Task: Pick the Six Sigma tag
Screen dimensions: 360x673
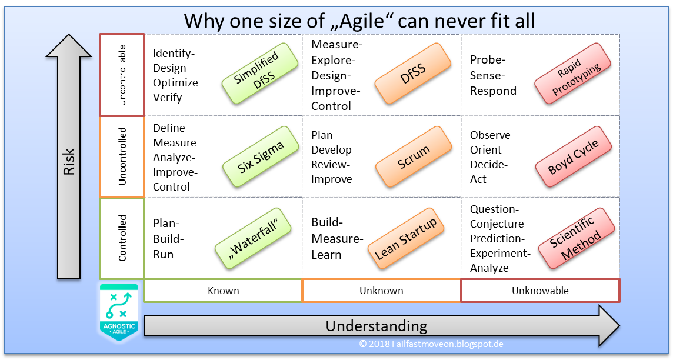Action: (259, 157)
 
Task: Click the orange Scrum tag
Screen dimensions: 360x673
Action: (413, 157)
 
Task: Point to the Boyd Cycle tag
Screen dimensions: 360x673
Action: (573, 157)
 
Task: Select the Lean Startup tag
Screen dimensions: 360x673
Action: (407, 238)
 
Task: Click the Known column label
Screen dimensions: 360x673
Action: (223, 291)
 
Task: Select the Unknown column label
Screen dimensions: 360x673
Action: (381, 291)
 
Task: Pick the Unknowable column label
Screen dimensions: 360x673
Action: (540, 291)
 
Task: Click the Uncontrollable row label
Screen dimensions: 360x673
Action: (122, 75)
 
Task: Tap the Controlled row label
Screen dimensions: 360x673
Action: (122, 238)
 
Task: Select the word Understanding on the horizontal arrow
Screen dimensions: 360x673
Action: (376, 326)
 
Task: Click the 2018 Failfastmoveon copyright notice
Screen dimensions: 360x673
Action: (431, 344)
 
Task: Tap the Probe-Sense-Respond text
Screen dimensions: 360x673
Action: (493, 75)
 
